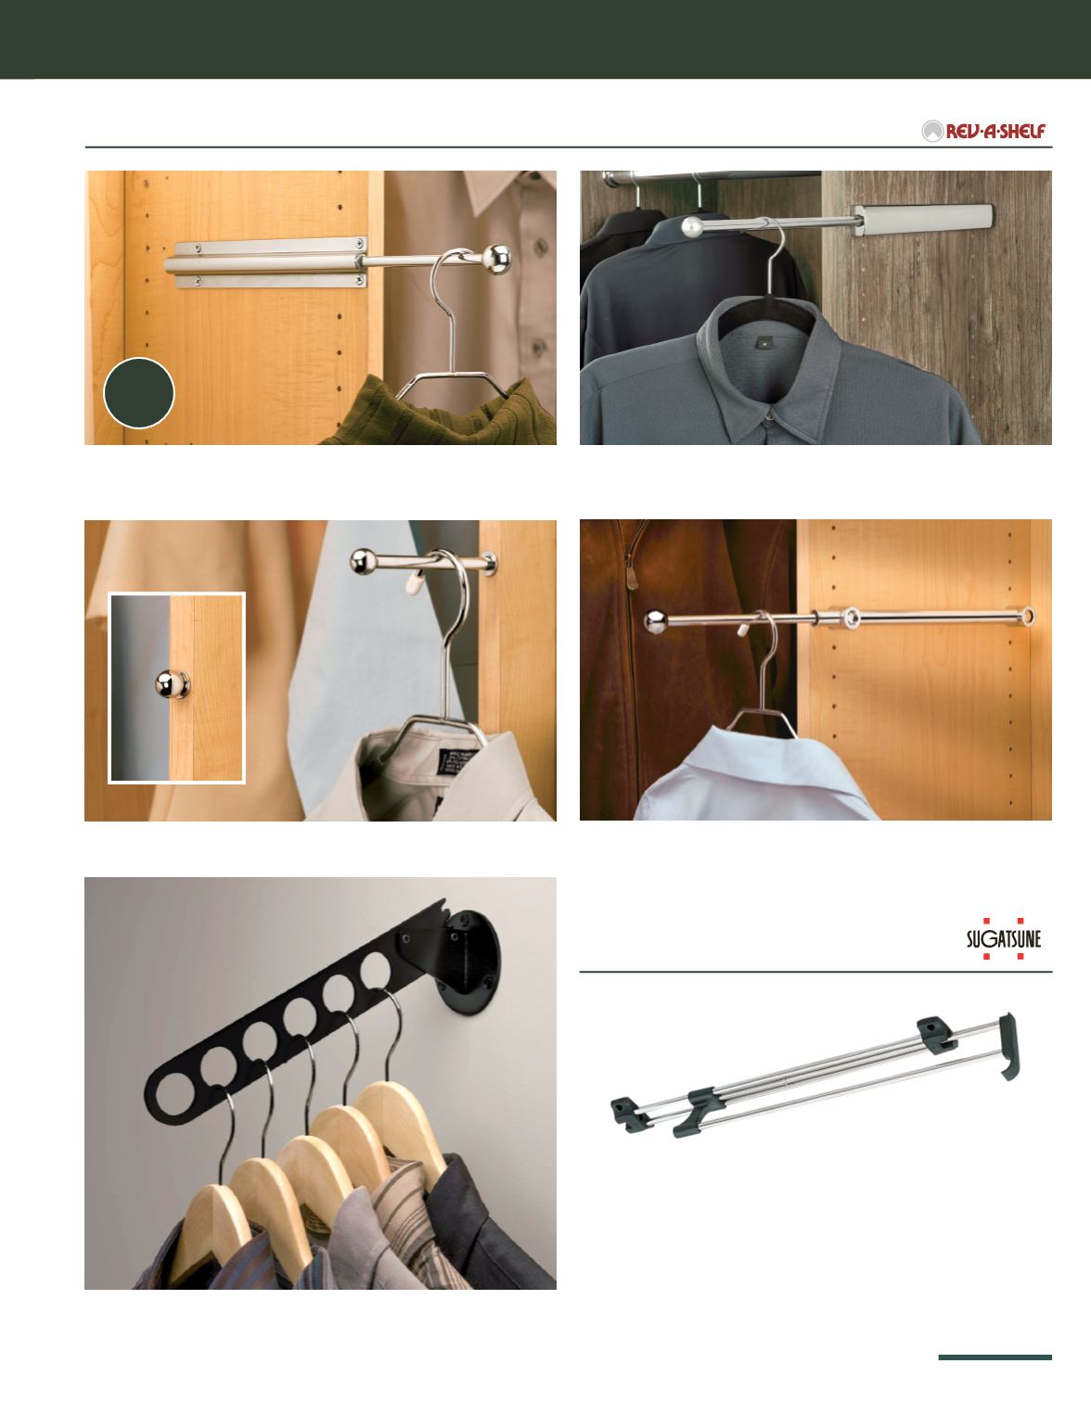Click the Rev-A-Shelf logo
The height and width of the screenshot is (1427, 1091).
pyautogui.click(x=983, y=132)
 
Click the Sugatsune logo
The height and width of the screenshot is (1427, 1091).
pyautogui.click(x=1003, y=938)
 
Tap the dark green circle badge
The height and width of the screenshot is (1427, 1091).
pyautogui.click(x=139, y=392)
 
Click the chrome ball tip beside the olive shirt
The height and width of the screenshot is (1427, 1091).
pyautogui.click(x=496, y=260)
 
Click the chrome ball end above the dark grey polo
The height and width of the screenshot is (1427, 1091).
pyautogui.click(x=692, y=227)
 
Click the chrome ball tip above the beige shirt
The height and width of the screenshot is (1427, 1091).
pyautogui.click(x=363, y=562)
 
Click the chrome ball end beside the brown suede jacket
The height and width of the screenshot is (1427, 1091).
pyautogui.click(x=657, y=622)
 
